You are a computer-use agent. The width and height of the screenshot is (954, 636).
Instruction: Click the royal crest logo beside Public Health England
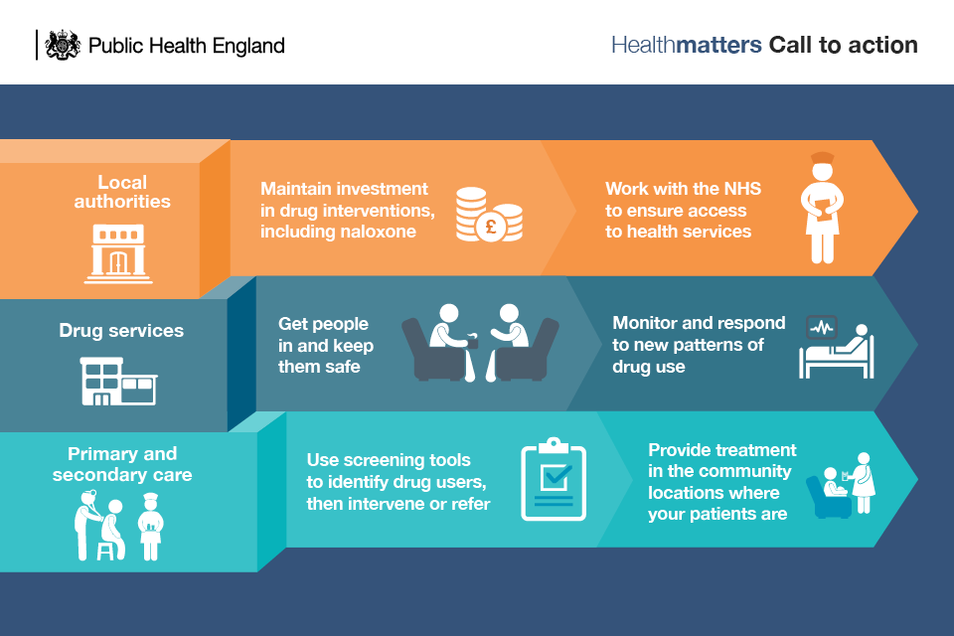(63, 45)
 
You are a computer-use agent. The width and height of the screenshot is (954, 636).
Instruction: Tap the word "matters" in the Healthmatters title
(718, 45)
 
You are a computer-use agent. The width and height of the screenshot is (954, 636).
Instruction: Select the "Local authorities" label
(122, 192)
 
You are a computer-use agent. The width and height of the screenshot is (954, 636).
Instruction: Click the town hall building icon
(118, 253)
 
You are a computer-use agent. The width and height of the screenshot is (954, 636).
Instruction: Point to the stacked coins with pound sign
(489, 215)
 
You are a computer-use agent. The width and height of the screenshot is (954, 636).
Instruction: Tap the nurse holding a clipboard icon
(822, 208)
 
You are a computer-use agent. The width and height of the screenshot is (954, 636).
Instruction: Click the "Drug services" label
(121, 331)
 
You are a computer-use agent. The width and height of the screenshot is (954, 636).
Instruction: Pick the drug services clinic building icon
(118, 381)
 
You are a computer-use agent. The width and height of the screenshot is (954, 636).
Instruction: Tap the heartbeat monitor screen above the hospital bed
(822, 327)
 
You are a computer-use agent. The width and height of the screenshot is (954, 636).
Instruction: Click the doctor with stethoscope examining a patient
(87, 525)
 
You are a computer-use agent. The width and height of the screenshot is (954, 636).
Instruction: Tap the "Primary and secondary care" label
(121, 464)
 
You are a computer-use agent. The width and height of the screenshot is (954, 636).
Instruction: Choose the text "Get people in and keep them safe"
(326, 345)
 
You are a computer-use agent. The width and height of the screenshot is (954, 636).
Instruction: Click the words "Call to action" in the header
(844, 45)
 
